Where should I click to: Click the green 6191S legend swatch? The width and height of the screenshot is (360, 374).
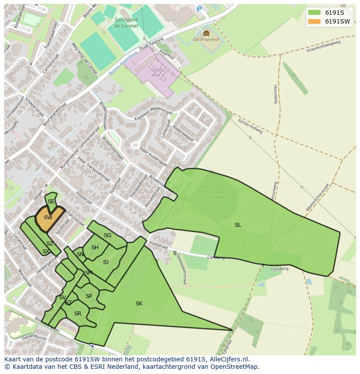pos(315,13)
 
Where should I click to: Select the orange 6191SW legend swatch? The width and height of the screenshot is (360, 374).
pos(315,21)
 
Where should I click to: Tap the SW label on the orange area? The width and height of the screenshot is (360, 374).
pos(48,217)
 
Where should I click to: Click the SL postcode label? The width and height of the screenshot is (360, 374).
pos(238,225)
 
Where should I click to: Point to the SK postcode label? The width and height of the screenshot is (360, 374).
pos(139,304)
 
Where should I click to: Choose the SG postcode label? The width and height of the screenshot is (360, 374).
pos(107,235)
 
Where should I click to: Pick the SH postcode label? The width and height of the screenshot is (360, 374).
pos(95,248)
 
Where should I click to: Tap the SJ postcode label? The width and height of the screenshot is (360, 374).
pos(106,262)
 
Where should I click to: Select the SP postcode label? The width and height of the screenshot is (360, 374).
pos(89,296)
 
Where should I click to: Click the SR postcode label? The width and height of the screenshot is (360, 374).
pos(78,313)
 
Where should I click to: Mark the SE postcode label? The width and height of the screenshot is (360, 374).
pos(51,201)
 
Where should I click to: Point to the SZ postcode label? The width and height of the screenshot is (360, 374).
pos(50,244)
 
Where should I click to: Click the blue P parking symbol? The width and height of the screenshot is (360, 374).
pos(200,9)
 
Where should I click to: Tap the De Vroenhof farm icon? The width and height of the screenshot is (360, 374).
pos(206,33)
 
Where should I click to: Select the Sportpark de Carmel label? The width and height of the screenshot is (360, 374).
pos(127,23)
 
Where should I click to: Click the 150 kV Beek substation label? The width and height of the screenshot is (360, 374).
pos(155,73)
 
